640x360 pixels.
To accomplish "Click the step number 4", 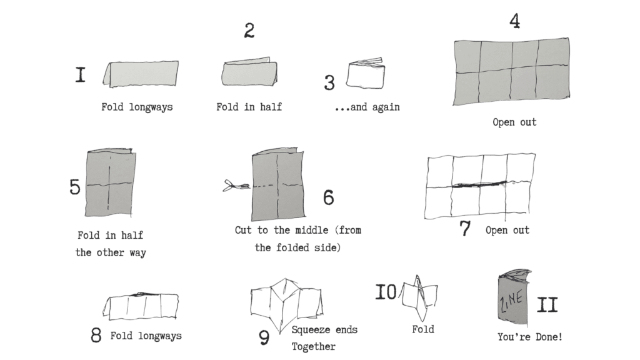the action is point(515,21).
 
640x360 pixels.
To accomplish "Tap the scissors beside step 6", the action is point(236,186).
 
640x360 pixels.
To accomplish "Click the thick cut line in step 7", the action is point(480,184).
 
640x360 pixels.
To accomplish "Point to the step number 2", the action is point(249,31).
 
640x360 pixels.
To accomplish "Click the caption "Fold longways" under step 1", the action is point(137,107).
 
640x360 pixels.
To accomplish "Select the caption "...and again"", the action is point(367,107).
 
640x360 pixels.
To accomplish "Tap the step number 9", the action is point(264,337).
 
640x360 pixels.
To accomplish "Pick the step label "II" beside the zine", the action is point(547,305).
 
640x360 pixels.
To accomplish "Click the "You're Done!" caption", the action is point(530,337).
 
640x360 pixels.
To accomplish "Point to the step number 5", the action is point(75,187).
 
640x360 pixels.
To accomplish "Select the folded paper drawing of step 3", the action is point(365,73).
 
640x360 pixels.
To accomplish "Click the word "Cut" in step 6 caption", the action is point(243,230).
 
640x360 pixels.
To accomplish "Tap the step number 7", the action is point(465,229).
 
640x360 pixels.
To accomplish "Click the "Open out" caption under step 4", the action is point(514,122).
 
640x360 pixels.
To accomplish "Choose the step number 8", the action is point(96,335).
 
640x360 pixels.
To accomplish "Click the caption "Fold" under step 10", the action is point(423,329).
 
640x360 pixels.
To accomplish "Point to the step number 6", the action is point(329,197).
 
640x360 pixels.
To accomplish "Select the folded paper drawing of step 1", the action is point(141,74).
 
